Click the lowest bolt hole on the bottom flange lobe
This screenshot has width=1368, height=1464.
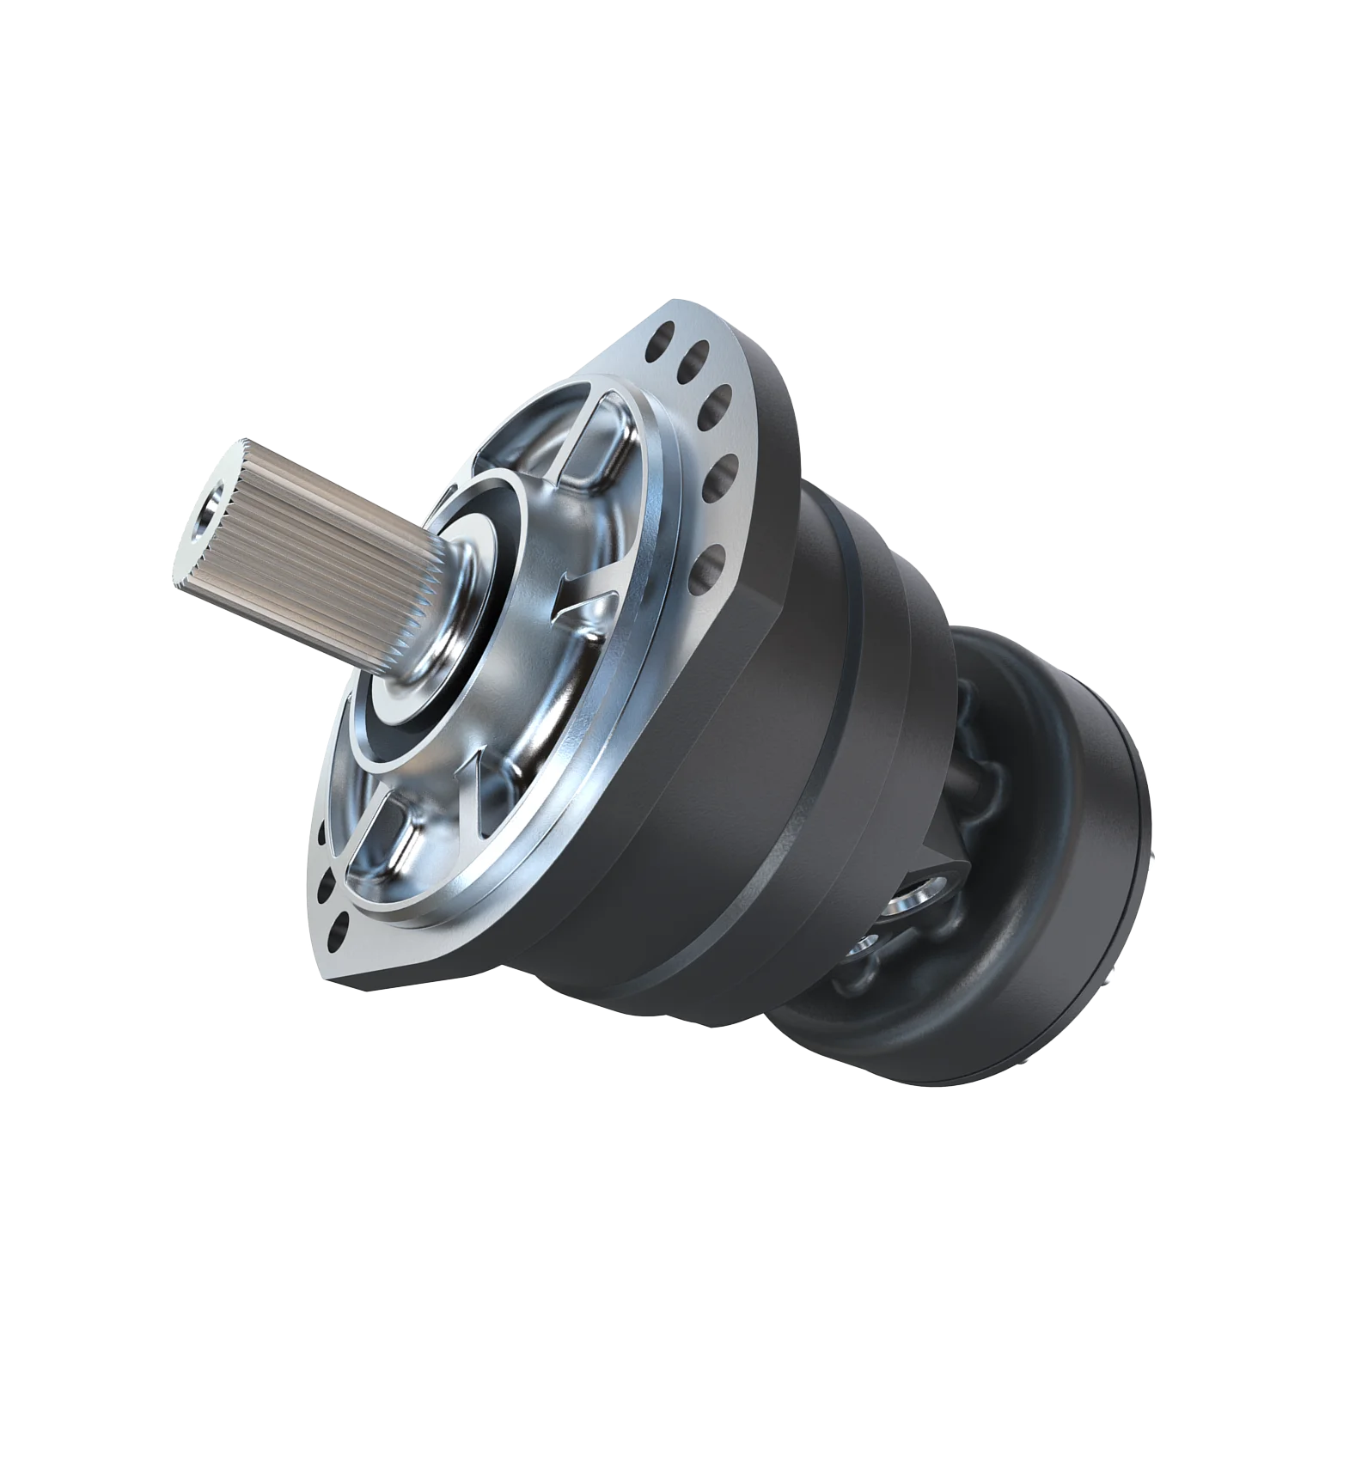(339, 925)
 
